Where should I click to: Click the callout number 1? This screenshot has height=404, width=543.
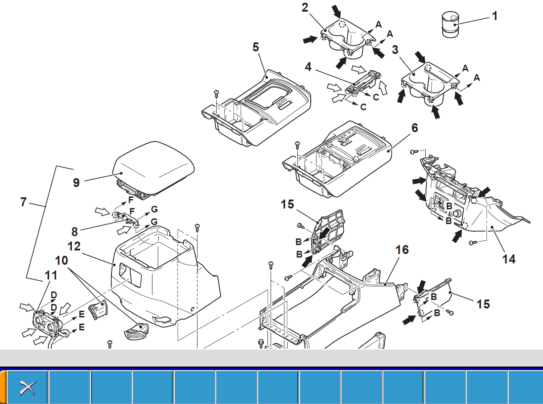494,16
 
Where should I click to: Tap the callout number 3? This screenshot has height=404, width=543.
395,50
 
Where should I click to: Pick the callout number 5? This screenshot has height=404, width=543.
255,47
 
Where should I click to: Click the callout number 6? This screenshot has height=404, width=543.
415,129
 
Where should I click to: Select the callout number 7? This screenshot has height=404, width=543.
24,202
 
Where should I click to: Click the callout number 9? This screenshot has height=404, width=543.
76,183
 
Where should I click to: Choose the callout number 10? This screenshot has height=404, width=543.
62,259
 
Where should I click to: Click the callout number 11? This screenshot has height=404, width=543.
51,276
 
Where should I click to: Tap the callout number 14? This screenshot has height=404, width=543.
509,259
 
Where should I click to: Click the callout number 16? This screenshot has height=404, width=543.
402,250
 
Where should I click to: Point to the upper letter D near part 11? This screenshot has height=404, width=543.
53,295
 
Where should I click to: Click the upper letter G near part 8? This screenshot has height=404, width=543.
154,209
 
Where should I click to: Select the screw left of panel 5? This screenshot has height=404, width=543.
217,93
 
